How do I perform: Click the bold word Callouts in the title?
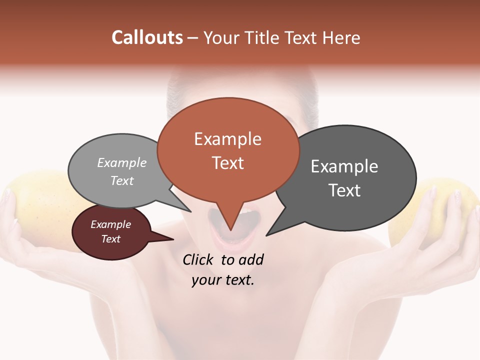pyautogui.click(x=147, y=37)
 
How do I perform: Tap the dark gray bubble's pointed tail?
pyautogui.click(x=270, y=233)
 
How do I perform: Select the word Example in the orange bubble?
pyautogui.click(x=228, y=139)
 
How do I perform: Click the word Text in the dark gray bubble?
pyautogui.click(x=344, y=190)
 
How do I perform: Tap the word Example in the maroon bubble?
pyautogui.click(x=111, y=224)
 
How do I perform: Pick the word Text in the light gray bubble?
pyautogui.click(x=122, y=180)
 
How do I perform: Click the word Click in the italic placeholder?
pyautogui.click(x=199, y=259)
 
